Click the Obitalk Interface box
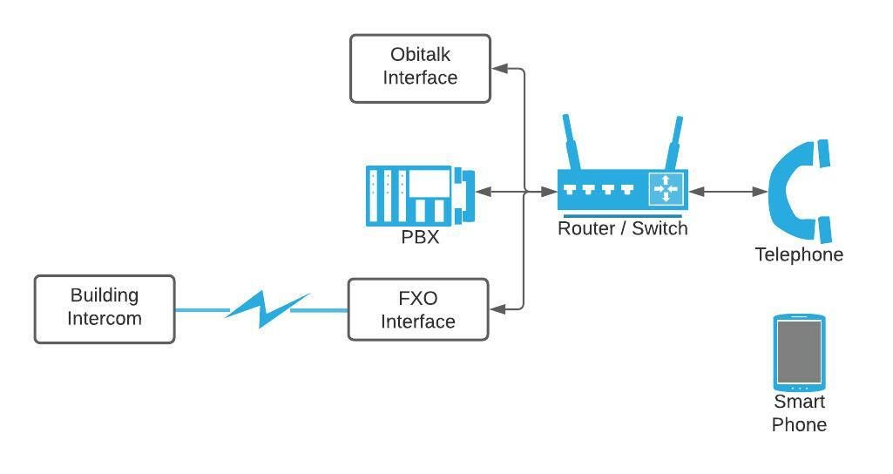420,68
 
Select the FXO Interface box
418,309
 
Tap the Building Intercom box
105,309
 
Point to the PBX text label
420,236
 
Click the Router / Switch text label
622,228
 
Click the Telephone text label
799,254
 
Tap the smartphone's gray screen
799,351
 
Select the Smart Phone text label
799,413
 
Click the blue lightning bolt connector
264,309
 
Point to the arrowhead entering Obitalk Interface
498,67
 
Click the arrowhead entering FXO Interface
497,308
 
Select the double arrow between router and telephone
727,192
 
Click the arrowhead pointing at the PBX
482,192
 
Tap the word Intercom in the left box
105,319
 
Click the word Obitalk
420,55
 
